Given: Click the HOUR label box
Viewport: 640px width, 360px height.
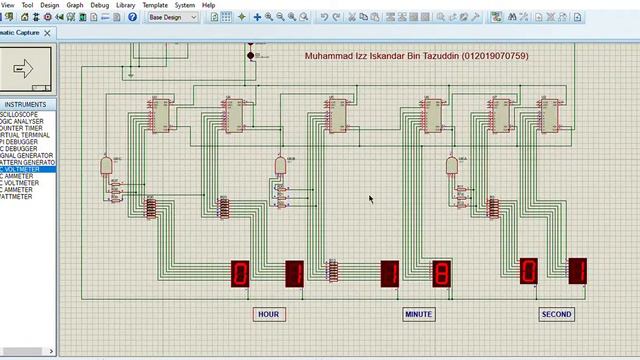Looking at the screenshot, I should [x=268, y=314].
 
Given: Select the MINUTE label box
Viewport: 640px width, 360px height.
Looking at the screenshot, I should [x=418, y=314].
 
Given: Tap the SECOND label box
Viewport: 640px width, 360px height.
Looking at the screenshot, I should [x=556, y=314].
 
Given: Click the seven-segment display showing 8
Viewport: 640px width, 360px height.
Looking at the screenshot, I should [x=441, y=273].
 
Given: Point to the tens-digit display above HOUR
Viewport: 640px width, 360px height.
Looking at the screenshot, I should [x=240, y=273].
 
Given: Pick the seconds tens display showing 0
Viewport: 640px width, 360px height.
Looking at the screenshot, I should [x=527, y=271].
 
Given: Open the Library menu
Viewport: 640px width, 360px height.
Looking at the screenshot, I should [x=125, y=5].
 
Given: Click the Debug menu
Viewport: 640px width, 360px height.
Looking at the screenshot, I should [x=100, y=5].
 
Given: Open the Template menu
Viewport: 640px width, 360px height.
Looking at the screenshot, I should [x=155, y=5].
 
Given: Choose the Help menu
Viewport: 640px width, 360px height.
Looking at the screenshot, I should [x=209, y=5].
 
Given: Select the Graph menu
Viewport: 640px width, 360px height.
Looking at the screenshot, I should [x=75, y=5].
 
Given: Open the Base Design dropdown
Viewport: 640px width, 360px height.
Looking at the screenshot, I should [x=172, y=17].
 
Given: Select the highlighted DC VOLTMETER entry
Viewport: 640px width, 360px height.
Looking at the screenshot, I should [x=28, y=169].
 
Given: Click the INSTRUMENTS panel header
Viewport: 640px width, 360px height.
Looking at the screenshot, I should [x=25, y=104].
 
